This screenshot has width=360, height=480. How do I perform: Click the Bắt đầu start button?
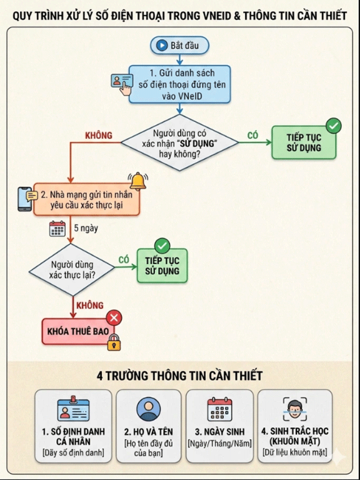pyautogui.click(x=179, y=46)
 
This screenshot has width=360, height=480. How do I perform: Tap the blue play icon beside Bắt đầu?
pyautogui.click(x=161, y=46)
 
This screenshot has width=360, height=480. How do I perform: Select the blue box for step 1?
pyautogui.click(x=179, y=84)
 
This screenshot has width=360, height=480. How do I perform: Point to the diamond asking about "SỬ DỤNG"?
pyautogui.click(x=179, y=142)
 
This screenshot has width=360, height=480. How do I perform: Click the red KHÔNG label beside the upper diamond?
pyautogui.click(x=98, y=135)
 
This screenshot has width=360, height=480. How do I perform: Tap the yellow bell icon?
pyautogui.click(x=138, y=181)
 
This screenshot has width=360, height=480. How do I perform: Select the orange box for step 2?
pyautogui.click(x=87, y=199)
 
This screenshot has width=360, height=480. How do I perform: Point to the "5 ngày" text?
pyautogui.click(x=86, y=228)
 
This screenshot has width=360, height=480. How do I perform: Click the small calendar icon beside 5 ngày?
pyautogui.click(x=57, y=228)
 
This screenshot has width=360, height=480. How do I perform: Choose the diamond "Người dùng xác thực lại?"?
pyautogui.click(x=71, y=270)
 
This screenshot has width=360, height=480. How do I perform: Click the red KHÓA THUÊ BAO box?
pyautogui.click(x=78, y=331)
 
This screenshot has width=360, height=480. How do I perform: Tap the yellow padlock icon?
pyautogui.click(x=114, y=343)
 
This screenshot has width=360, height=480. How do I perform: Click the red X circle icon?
pyautogui.click(x=114, y=318)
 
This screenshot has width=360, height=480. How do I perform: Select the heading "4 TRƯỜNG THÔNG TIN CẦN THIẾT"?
pyautogui.click(x=179, y=375)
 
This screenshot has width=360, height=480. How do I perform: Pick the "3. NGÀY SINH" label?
pyautogui.click(x=220, y=432)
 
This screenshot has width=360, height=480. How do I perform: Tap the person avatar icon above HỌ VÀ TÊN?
pyautogui.click(x=148, y=409)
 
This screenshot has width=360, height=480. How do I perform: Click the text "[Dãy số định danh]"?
pyautogui.click(x=74, y=452)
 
